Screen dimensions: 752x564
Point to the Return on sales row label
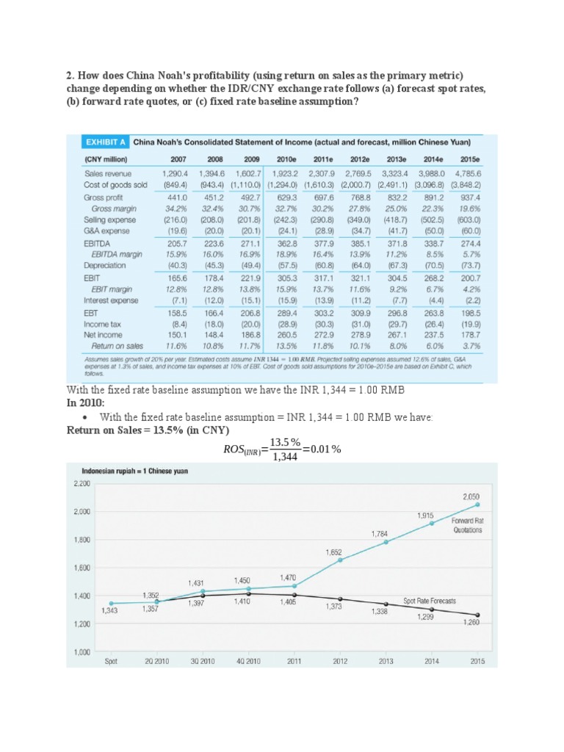(x=112, y=345)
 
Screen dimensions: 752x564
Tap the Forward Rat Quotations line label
(x=462, y=525)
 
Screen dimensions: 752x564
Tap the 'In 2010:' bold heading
(x=89, y=403)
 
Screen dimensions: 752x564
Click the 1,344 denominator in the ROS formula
(x=284, y=456)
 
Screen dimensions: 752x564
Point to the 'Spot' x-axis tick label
(x=111, y=661)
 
